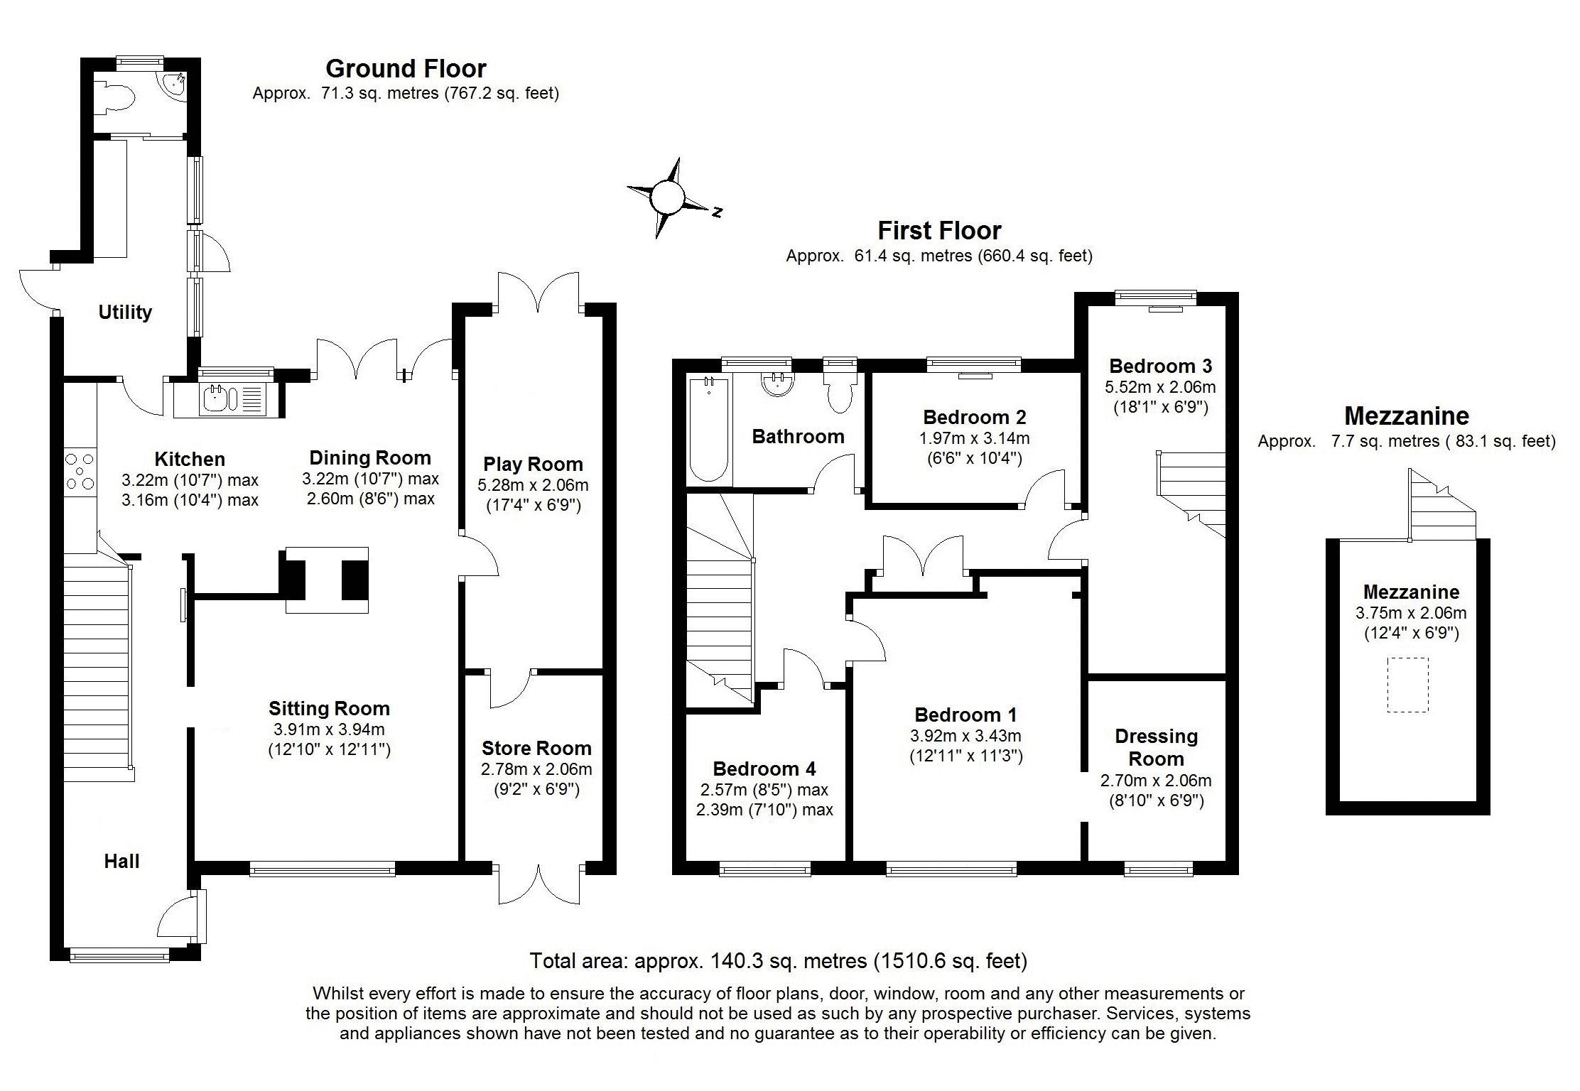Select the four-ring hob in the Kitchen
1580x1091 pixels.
[x=80, y=471]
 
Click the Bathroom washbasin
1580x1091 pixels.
[x=776, y=384]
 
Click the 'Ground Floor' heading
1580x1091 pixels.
[x=406, y=69]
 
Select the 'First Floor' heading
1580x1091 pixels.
[x=939, y=231]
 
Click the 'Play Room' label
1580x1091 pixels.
[x=533, y=465]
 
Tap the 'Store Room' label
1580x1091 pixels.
[x=536, y=748]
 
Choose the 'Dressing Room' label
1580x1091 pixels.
[x=1156, y=747]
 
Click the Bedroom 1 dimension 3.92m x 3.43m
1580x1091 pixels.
[x=965, y=737]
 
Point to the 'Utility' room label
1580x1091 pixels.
[x=125, y=313]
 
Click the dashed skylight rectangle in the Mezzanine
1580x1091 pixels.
[x=1407, y=685]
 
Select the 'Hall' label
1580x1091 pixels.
[x=121, y=862]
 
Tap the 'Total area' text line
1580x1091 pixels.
[x=779, y=961]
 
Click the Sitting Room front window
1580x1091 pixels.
[x=323, y=867]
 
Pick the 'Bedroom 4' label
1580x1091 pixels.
[x=764, y=769]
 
